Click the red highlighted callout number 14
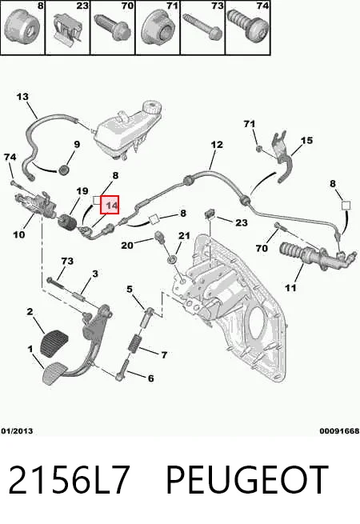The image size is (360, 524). point(110,205)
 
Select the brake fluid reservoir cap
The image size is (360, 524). point(151,109)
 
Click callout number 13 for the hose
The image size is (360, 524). point(22,97)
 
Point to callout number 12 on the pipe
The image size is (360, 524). point(217,145)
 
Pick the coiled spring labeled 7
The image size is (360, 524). point(134,343)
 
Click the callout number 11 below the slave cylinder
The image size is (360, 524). point(290,287)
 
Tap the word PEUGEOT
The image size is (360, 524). point(246,479)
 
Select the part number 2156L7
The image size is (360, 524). point(69,479)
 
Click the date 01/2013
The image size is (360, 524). point(17,431)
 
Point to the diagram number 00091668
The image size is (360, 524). point(339,431)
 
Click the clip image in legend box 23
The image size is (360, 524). point(68,28)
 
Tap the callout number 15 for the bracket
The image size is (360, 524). point(306,140)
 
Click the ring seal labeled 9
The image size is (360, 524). point(63,170)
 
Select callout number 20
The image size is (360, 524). point(127,246)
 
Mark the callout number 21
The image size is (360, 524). point(184,235)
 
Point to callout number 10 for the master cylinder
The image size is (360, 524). point(18,234)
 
